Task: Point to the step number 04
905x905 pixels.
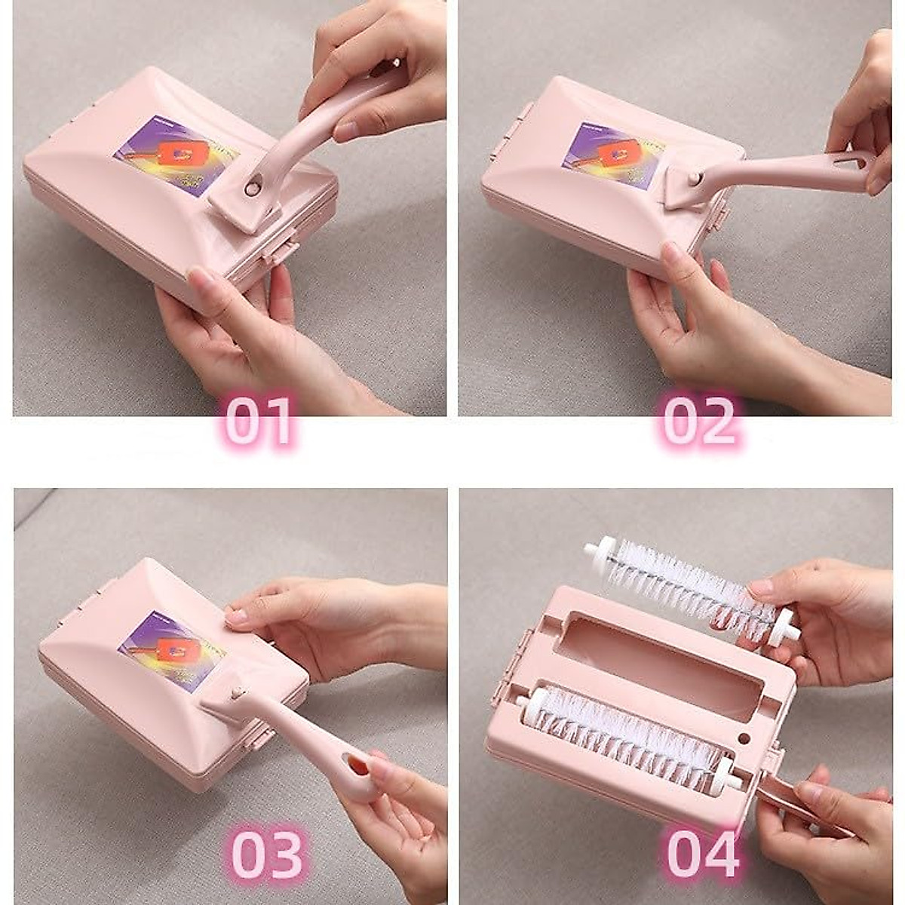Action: [704, 854]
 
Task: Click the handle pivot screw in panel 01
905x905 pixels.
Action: [251, 187]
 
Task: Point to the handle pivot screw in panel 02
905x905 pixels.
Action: [695, 178]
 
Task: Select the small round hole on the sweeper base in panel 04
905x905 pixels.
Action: [744, 738]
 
